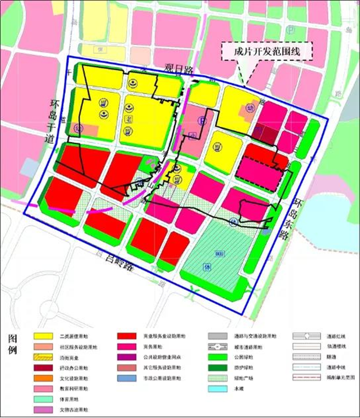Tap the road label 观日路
177,70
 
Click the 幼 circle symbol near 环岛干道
78,128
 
